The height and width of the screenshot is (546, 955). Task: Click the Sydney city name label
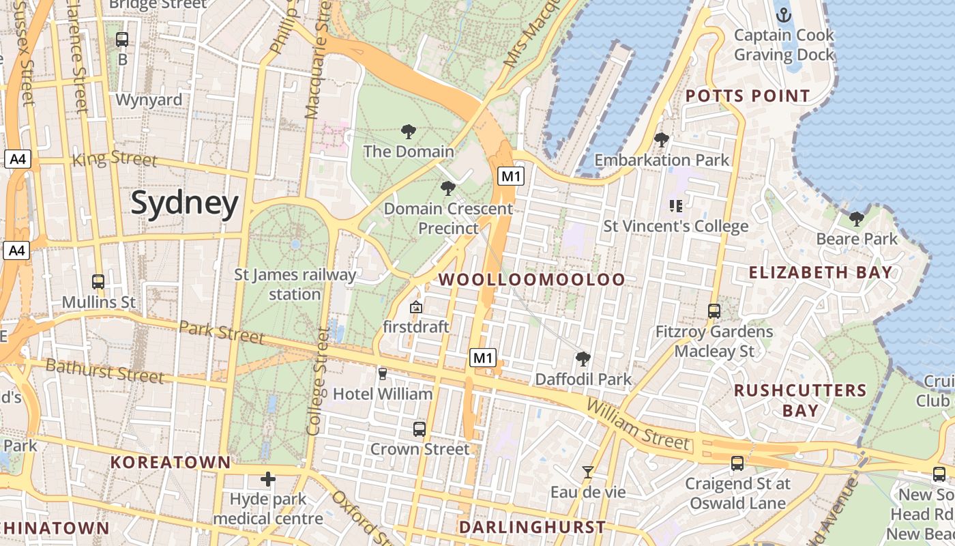coord(184,203)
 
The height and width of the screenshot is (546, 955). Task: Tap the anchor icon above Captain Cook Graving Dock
coord(784,14)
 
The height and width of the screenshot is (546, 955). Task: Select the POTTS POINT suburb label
coord(748,96)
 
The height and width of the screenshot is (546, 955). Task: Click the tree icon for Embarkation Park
coord(661,140)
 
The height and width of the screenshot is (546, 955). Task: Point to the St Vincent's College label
coord(675,226)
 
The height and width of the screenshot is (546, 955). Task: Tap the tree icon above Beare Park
coord(857,218)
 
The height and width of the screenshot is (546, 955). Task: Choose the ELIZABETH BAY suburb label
coord(820,272)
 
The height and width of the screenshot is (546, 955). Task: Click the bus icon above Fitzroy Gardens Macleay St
coord(714,311)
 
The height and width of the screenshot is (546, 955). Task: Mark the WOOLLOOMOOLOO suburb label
coord(531,280)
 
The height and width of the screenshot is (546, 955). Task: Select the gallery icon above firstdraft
coord(415,307)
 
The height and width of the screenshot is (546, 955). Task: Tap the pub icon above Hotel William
coord(382,373)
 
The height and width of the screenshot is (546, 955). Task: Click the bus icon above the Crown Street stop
coord(420,429)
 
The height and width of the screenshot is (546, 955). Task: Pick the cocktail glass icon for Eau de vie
coord(587,472)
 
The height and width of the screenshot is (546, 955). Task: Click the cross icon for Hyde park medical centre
coord(268,479)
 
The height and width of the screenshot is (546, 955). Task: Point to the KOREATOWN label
coord(171,462)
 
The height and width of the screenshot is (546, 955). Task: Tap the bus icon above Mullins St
coord(98,281)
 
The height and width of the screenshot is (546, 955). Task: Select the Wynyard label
coord(149,100)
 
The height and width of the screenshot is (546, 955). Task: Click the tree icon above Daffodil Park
coord(583,358)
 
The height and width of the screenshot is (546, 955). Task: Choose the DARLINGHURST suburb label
coord(532,527)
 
